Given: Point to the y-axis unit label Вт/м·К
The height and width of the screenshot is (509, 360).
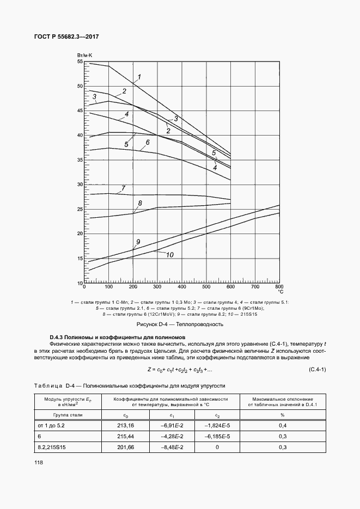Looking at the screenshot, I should click(84, 56).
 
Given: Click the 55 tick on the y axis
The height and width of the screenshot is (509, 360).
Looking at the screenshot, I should click(80, 62).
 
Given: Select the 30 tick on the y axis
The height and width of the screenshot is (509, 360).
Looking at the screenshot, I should click(80, 185).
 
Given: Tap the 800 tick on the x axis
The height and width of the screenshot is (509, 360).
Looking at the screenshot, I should click(279, 286).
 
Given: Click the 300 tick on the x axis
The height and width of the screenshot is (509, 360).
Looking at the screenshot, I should click(157, 286).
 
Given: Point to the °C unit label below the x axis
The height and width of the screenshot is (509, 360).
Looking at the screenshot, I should click(281, 292).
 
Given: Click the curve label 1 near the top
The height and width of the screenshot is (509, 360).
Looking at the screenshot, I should click(139, 77).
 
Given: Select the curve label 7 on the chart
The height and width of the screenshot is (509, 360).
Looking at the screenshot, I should click(124, 188).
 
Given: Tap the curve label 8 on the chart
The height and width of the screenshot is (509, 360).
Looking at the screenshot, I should click(140, 204).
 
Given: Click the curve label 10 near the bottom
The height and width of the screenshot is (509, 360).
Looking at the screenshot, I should click(169, 255).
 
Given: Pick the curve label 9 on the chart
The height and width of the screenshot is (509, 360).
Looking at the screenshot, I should click(138, 242).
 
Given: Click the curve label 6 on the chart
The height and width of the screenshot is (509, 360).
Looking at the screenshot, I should click(147, 143).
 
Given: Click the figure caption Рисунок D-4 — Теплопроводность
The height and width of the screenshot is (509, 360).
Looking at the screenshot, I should click(180, 324).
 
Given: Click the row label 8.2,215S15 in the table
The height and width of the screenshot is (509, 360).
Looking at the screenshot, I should click(51, 447).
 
